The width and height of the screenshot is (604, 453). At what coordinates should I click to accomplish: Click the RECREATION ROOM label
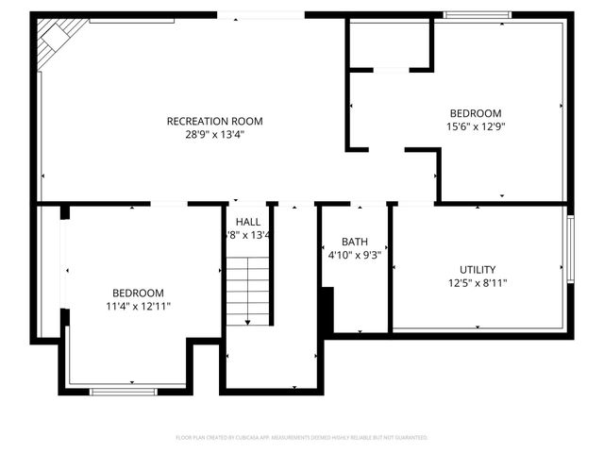click(x=214, y=121)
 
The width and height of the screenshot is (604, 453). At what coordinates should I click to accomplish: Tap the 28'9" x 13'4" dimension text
click(x=214, y=135)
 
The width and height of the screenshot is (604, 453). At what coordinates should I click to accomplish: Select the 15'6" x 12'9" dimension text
click(x=475, y=126)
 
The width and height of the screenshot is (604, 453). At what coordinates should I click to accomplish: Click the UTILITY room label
click(x=478, y=269)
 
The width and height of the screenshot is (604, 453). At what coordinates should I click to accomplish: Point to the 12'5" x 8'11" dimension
click(x=478, y=282)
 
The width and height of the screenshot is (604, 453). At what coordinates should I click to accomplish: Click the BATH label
click(x=355, y=242)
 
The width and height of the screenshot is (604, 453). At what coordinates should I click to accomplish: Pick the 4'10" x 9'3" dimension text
click(x=354, y=255)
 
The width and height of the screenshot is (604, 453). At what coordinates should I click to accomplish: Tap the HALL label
click(x=248, y=222)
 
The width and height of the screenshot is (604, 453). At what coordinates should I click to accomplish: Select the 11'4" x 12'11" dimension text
click(x=138, y=306)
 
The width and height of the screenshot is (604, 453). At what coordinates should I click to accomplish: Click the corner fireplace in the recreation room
click(x=55, y=42)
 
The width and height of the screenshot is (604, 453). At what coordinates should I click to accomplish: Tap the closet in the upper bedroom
click(x=391, y=43)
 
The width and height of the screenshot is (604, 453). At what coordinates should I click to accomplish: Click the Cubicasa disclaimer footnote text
click(x=302, y=438)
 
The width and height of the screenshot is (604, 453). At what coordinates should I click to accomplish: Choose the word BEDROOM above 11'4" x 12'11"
click(x=138, y=293)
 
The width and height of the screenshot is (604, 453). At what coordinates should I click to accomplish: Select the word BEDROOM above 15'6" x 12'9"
click(x=475, y=113)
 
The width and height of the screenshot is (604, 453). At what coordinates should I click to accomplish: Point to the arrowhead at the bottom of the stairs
click(x=248, y=323)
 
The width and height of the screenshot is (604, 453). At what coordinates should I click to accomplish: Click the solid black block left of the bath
click(x=327, y=310)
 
